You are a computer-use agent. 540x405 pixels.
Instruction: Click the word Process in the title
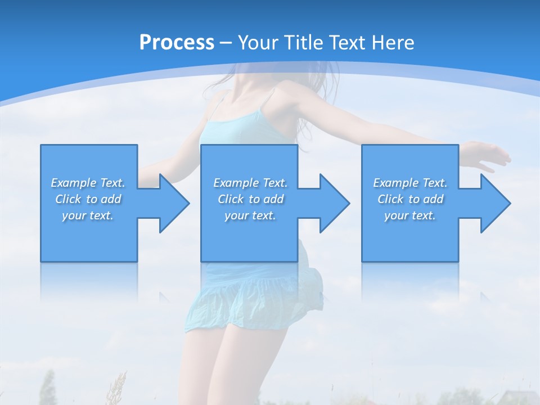coord(177,43)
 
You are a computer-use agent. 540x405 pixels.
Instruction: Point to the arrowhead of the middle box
coord(334,203)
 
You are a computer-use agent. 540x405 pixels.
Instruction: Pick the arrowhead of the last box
coord(494,203)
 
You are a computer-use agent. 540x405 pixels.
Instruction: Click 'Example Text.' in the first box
coord(88,183)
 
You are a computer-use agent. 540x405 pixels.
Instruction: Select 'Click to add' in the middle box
coord(250,199)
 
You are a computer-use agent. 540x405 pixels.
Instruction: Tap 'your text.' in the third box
coord(410,215)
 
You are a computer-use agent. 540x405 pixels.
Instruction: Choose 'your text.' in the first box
coord(88,215)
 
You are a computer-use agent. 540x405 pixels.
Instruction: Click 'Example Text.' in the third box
coord(410,183)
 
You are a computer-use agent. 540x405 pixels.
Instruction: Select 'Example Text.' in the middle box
coord(250,183)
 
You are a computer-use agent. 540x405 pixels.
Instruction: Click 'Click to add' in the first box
coord(88,199)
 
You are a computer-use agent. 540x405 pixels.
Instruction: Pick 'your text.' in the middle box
coord(250,215)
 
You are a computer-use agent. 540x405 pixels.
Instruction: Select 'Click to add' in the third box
coord(410,199)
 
